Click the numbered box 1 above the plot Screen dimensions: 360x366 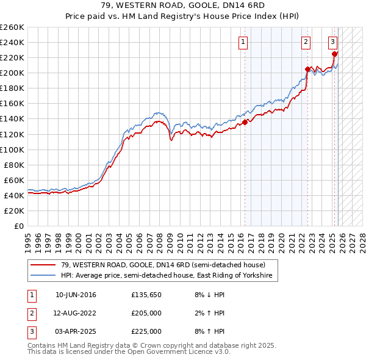(243, 42)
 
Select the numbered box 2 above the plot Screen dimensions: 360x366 (306, 42)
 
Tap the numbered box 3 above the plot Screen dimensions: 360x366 (332, 42)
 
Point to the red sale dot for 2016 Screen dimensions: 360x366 (245, 122)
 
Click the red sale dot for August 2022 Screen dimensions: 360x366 (307, 69)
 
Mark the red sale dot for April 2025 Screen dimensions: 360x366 (335, 54)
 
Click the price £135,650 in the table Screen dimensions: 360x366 (146, 295)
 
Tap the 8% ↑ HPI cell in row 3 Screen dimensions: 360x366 (212, 331)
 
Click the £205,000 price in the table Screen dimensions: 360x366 (146, 313)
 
